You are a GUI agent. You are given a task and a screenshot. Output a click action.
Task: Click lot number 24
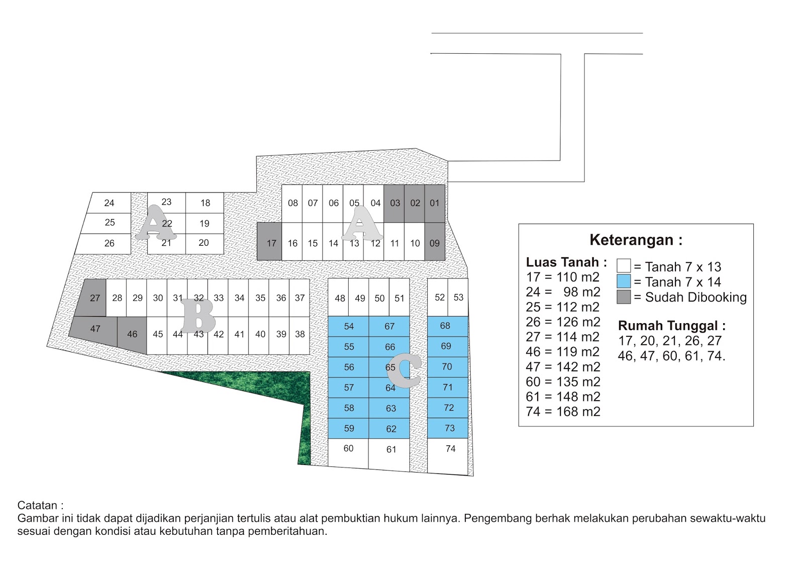109,203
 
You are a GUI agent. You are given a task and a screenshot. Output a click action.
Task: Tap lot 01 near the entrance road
435,203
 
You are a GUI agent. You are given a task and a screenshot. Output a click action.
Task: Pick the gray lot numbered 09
435,243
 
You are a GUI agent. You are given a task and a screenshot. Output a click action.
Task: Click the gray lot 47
95,329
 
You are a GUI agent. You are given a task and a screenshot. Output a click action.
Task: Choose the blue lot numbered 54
349,326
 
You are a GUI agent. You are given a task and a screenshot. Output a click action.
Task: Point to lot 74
450,448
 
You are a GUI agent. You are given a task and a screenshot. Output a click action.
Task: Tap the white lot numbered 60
348,448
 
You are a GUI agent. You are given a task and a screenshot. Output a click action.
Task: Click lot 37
300,298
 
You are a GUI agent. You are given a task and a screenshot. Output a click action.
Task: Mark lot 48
340,298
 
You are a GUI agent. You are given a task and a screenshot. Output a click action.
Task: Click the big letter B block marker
199,316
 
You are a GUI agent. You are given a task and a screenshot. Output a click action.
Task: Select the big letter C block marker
405,371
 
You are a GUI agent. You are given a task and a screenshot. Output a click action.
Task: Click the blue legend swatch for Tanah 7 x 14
624,281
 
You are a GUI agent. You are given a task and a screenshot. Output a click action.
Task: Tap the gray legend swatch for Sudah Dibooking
624,297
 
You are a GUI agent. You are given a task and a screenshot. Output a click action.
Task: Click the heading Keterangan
636,240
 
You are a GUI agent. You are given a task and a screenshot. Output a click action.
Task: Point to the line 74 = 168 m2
563,412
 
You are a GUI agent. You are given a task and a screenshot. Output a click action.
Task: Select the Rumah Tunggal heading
671,326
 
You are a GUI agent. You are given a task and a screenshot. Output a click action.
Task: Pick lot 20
204,243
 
